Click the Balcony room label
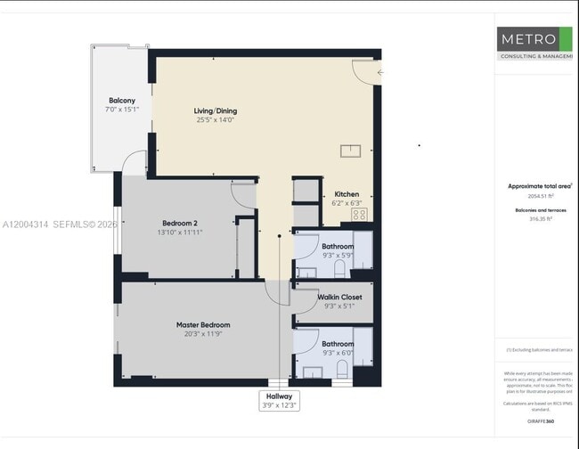(122, 101)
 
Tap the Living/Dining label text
(216, 111)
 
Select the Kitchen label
(347, 194)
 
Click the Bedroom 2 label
(180, 223)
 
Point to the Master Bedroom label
(203, 325)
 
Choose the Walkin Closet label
(339, 297)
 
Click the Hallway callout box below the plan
(279, 400)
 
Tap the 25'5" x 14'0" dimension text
(216, 120)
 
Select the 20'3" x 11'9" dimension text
(203, 335)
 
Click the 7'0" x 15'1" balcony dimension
(122, 110)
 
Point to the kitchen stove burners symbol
(369, 215)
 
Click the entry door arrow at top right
(380, 73)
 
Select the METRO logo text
(527, 39)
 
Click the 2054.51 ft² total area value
(541, 196)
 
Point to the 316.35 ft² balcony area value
(541, 217)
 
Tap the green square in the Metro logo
(565, 38)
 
